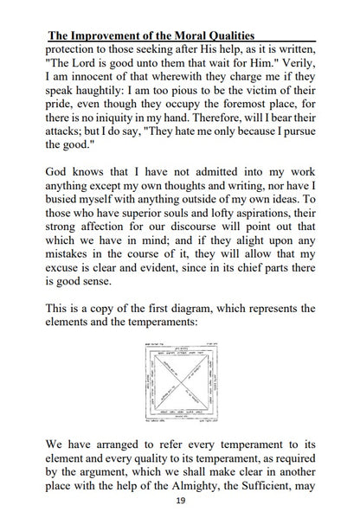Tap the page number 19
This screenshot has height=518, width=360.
tap(179, 501)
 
